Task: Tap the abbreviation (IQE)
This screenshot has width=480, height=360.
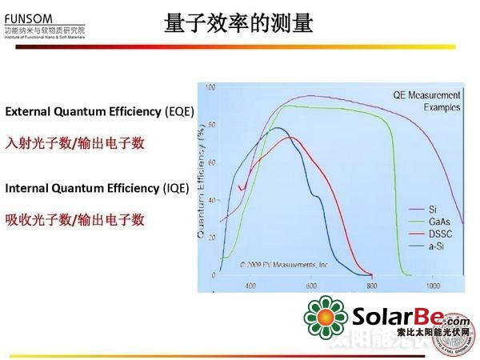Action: click(175, 188)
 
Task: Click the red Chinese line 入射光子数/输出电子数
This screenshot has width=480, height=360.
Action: click(74, 143)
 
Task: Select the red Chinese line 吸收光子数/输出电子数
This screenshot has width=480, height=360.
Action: click(74, 219)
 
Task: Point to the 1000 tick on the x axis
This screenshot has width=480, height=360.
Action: click(433, 285)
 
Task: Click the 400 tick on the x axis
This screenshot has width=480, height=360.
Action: click(250, 285)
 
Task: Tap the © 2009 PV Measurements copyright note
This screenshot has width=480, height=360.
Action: click(284, 262)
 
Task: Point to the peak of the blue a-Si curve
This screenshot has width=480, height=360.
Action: click(278, 128)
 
